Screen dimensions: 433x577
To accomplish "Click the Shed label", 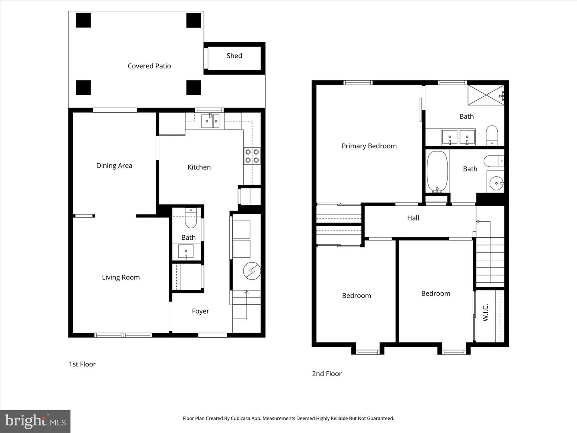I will click(234, 56).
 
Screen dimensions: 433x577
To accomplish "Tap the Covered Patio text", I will click(149, 66).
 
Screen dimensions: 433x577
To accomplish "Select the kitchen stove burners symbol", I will click(252, 156).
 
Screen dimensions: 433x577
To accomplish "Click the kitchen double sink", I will click(210, 121).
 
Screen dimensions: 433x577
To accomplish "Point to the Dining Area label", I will click(114, 166).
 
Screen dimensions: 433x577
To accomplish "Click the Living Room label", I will click(121, 277).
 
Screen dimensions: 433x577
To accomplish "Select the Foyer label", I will click(200, 311).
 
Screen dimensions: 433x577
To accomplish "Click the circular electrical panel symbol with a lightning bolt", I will click(252, 271).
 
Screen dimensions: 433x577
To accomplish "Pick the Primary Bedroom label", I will click(369, 146).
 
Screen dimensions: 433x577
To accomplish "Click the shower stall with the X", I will click(486, 95).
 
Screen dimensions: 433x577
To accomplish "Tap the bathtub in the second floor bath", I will click(437, 171).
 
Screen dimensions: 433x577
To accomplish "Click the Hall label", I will click(413, 218).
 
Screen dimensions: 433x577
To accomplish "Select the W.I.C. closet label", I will click(485, 312).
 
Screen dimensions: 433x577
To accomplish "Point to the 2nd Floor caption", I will click(327, 374).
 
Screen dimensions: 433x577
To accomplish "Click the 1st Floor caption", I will click(82, 364).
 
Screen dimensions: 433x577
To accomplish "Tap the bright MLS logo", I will click(35, 421).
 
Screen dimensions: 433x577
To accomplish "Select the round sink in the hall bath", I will click(496, 183).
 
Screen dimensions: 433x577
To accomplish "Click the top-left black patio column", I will click(83, 20).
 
